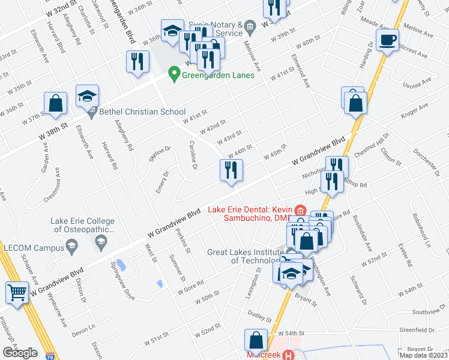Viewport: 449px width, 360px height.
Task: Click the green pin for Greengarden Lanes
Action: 175,74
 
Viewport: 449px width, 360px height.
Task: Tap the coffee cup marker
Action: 387,41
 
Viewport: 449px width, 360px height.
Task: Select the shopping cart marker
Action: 17,293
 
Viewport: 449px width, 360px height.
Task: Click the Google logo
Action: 19,353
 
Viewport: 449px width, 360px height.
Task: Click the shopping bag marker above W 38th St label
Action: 55,103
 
